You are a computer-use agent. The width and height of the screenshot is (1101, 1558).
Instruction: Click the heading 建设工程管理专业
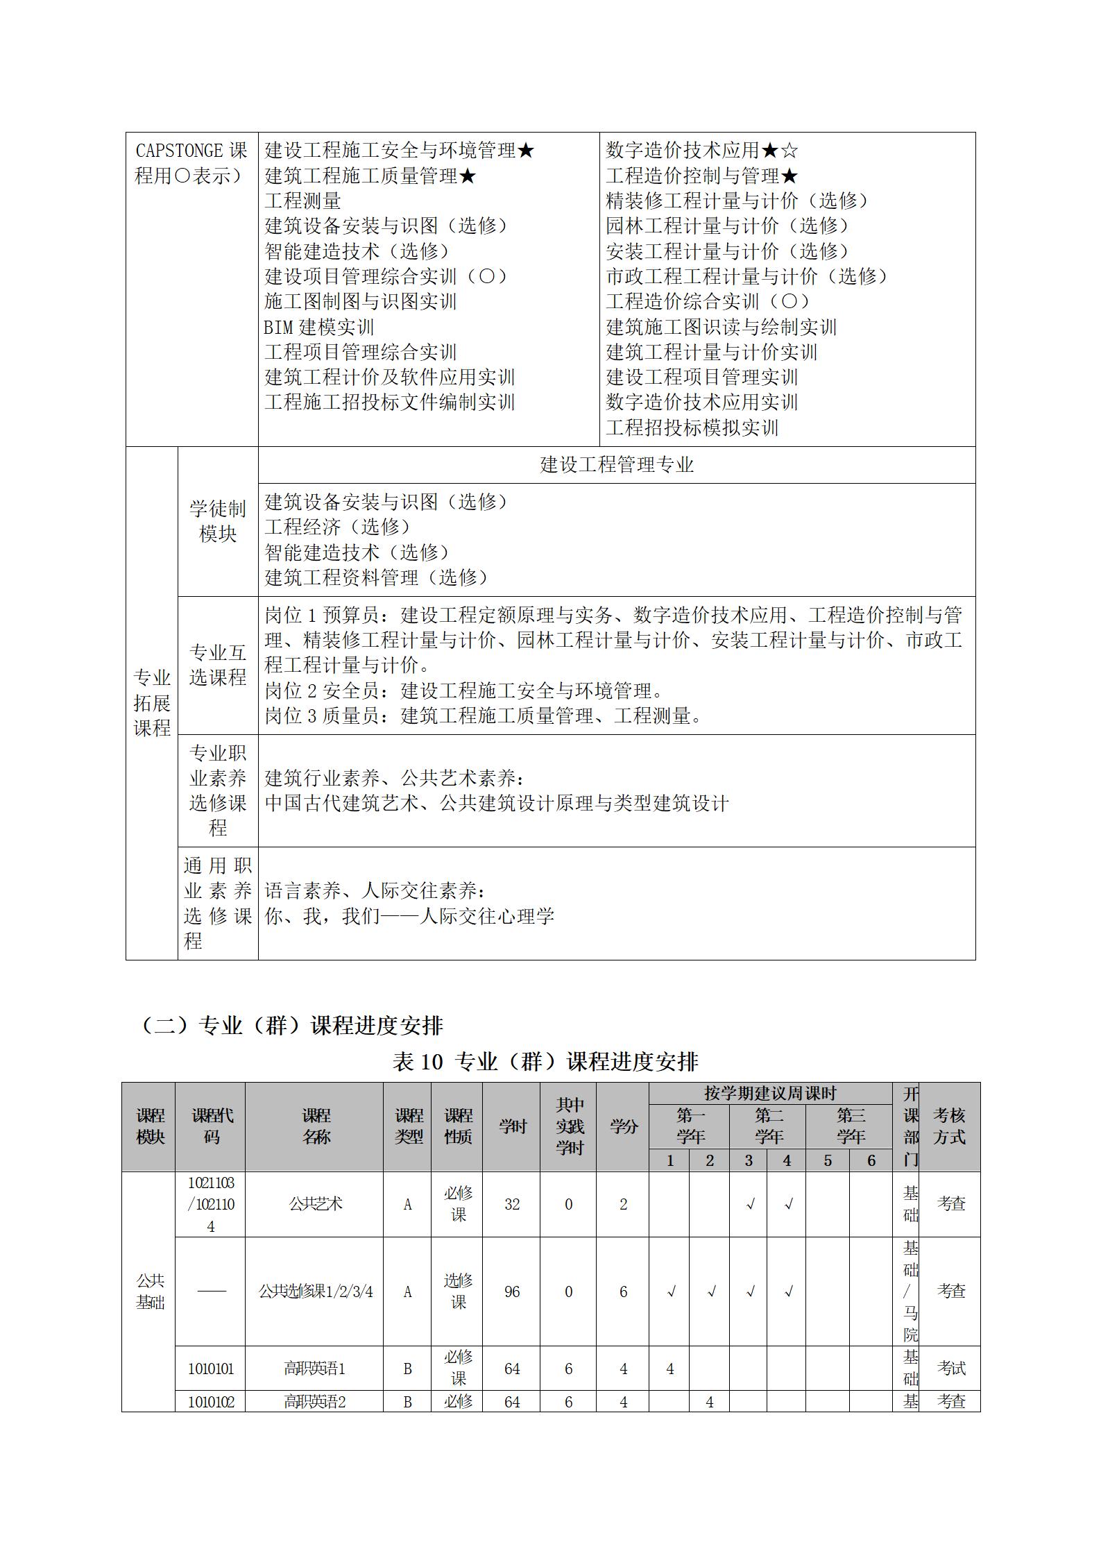pyautogui.click(x=616, y=465)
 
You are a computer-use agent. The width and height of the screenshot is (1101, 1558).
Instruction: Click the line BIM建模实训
pyautogui.click(x=319, y=327)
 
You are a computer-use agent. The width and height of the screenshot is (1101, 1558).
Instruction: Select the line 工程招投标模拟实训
pyautogui.click(x=692, y=427)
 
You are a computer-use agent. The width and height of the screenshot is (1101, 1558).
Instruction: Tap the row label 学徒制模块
pyautogui.click(x=218, y=521)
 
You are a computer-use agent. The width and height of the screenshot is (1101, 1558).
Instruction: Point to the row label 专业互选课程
pyautogui.click(x=218, y=665)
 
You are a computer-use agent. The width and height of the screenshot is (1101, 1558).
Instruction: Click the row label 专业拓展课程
pyautogui.click(x=152, y=702)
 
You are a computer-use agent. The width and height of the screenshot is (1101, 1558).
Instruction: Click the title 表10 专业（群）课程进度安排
pyautogui.click(x=545, y=1061)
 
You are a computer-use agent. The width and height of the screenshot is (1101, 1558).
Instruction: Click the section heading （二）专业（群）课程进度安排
pyautogui.click(x=291, y=1025)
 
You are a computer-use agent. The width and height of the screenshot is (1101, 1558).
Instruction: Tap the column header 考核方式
pyautogui.click(x=949, y=1126)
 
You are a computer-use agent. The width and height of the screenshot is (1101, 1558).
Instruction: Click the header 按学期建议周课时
pyautogui.click(x=770, y=1094)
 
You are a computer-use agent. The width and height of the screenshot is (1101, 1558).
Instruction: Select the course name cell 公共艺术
pyautogui.click(x=315, y=1204)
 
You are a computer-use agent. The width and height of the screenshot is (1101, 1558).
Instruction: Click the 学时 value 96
pyautogui.click(x=512, y=1292)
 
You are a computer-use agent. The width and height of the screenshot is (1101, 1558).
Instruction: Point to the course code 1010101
pyautogui.click(x=211, y=1369)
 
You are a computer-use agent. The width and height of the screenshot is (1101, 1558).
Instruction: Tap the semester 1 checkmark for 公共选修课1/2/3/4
pyautogui.click(x=671, y=1292)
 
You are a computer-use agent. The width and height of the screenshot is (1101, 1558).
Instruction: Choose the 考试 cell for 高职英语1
pyautogui.click(x=950, y=1369)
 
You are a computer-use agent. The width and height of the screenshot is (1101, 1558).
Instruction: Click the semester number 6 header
pyautogui.click(x=871, y=1160)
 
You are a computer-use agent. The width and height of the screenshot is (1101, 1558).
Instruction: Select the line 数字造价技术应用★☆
pyautogui.click(x=702, y=150)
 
